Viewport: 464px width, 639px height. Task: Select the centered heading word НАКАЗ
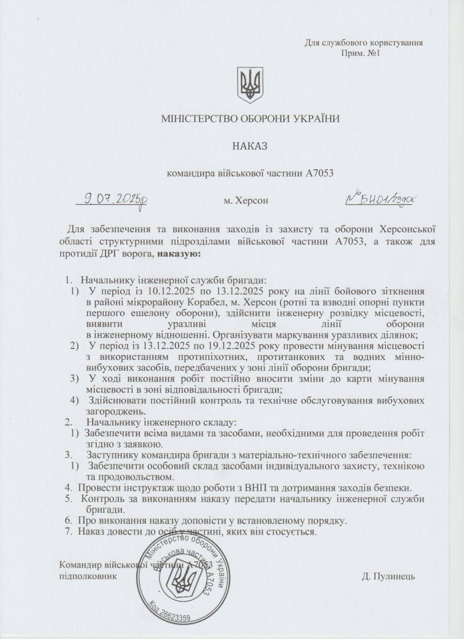tap(250, 146)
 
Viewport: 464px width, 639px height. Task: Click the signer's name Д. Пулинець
tap(388, 576)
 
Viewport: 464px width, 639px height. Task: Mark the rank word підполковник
tap(88, 576)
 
